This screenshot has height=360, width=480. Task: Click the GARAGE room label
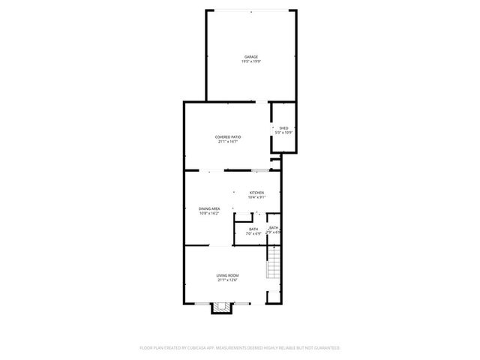coord(250,57)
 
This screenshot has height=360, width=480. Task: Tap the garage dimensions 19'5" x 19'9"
coord(250,61)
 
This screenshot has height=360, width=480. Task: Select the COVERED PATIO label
coord(228,136)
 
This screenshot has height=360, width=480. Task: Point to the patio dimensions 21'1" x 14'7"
coord(228,142)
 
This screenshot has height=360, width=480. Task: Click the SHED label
coord(283,128)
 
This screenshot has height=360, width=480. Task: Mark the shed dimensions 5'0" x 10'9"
coord(283,133)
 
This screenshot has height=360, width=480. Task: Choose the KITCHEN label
coord(256,193)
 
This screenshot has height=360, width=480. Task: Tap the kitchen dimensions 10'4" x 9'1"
coord(256,197)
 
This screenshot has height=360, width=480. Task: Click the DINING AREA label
coord(209,208)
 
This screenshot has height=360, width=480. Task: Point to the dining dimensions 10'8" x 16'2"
coord(209,213)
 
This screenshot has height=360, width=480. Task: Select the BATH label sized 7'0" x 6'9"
coord(253,229)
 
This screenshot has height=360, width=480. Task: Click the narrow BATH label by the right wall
coord(274,227)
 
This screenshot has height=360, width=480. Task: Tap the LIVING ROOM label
coord(227,276)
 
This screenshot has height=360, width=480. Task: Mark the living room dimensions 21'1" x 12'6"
coord(227,280)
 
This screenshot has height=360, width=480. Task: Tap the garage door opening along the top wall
coord(250,10)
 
